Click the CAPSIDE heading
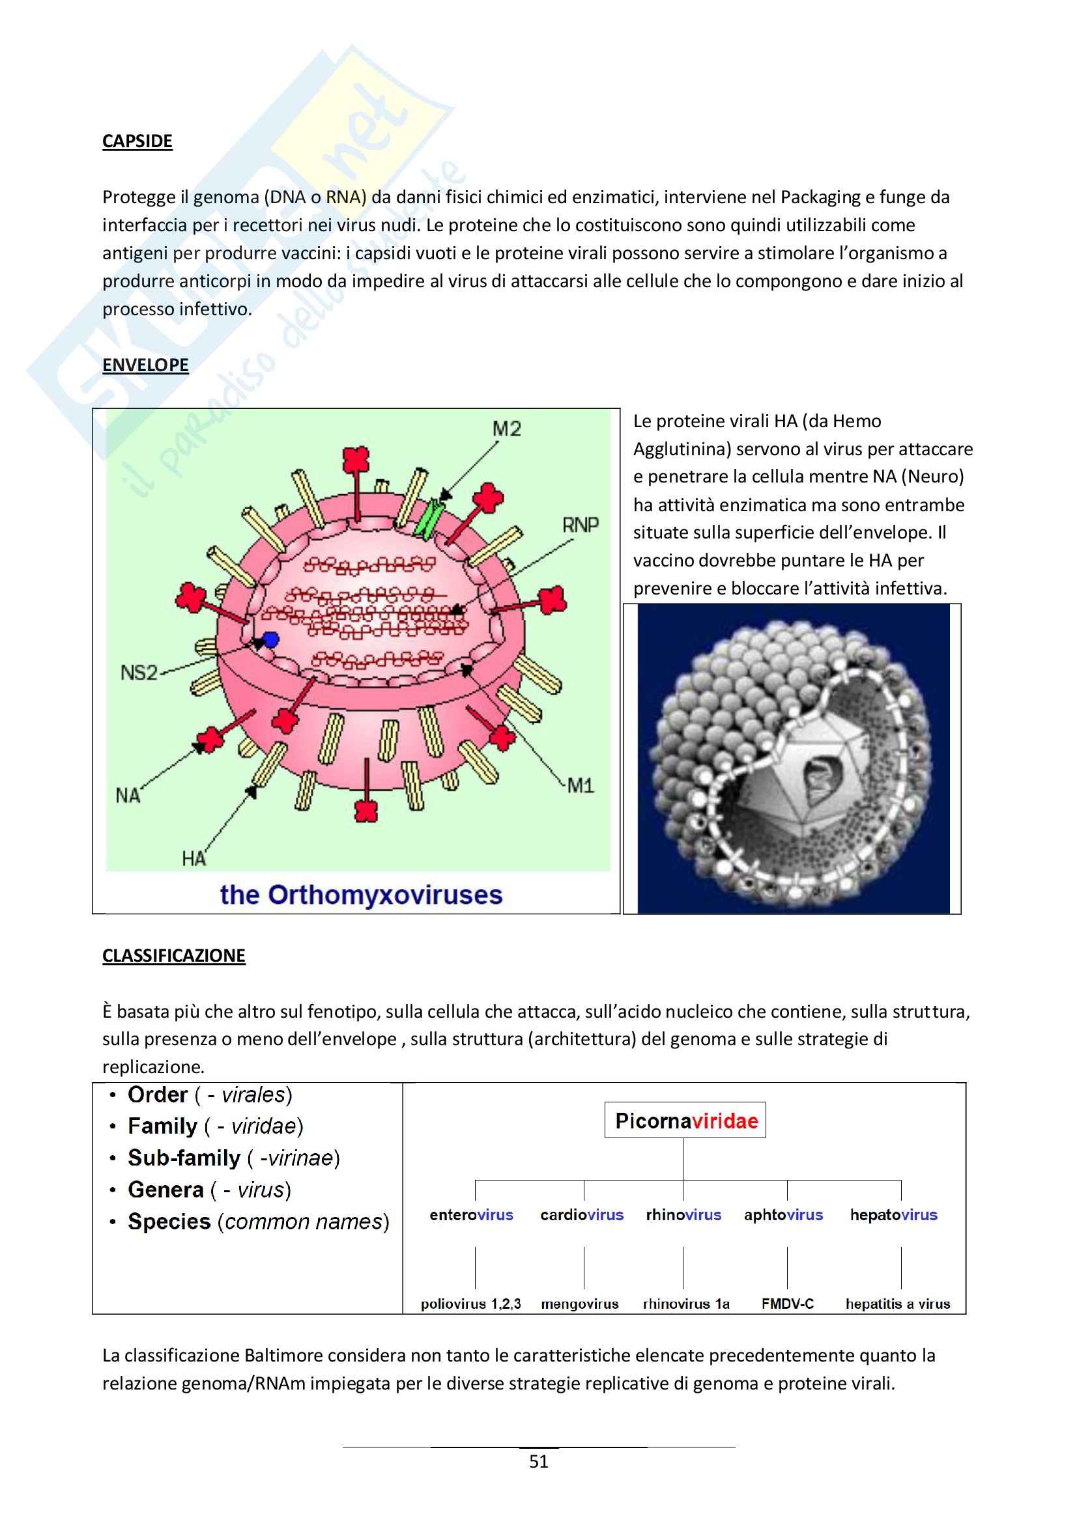137,141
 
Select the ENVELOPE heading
145,365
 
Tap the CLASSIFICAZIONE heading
173,956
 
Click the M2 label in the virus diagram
506,429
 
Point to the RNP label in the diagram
580,525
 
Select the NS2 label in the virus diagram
139,673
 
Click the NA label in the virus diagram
128,794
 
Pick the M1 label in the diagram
580,786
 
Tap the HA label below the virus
194,859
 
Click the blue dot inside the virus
270,640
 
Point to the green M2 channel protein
428,519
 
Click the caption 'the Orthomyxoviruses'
361,895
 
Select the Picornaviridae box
685,1121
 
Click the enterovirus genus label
471,1215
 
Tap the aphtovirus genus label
783,1215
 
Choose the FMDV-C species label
787,1304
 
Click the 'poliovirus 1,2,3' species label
470,1304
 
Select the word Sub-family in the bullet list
184,1158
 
